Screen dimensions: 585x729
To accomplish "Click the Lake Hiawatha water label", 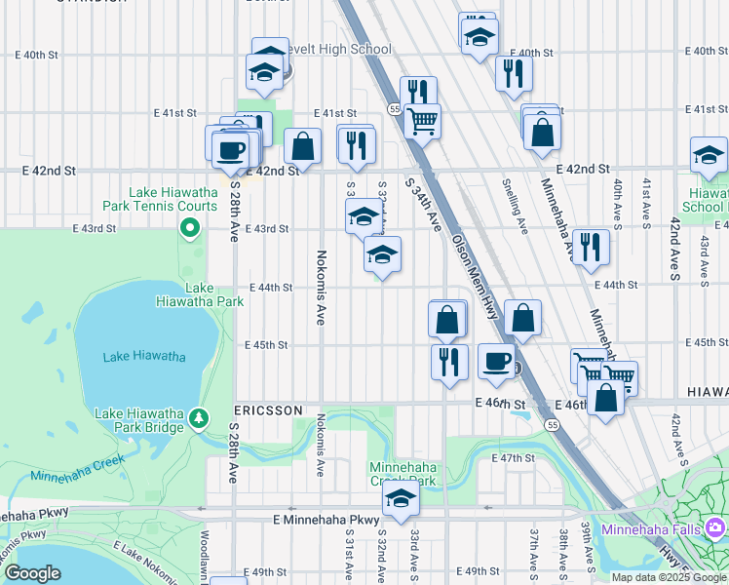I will tap(144, 357).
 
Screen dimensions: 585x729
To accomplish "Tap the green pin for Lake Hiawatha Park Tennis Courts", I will tap(190, 230).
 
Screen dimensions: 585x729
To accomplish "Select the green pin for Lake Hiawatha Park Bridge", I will tap(199, 418).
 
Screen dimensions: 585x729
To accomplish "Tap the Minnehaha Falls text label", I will tap(655, 529).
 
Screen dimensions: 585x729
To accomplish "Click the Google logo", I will tap(32, 573).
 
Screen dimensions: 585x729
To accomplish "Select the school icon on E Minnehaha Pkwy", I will tap(401, 500).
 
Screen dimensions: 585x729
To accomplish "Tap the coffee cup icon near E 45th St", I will tap(495, 362).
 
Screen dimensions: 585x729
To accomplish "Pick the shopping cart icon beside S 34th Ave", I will tap(422, 121).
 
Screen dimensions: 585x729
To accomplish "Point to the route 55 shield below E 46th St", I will tap(553, 425).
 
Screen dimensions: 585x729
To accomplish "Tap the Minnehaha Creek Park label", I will tap(402, 474).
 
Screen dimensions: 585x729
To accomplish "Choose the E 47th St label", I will tap(514, 457).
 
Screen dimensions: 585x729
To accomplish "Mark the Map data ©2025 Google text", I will tap(668, 577).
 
